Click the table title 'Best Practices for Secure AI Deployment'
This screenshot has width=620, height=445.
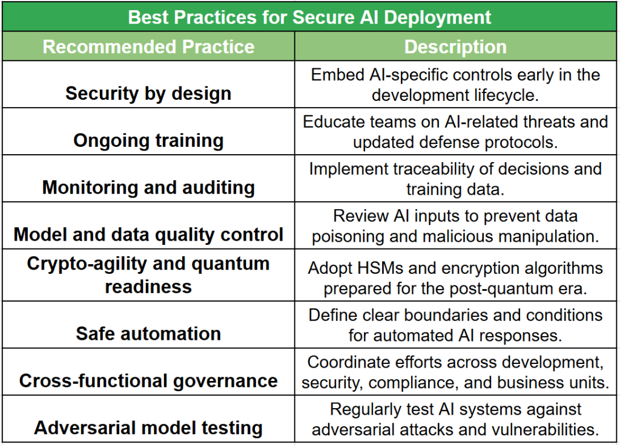(x=309, y=18)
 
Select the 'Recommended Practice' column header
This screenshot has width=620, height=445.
(x=148, y=47)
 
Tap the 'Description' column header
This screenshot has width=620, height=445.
(x=455, y=47)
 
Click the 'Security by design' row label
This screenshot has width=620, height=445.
(x=148, y=94)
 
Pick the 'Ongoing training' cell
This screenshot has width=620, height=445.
(x=148, y=140)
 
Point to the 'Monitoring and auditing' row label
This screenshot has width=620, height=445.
(x=148, y=187)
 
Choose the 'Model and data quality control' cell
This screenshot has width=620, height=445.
(x=148, y=235)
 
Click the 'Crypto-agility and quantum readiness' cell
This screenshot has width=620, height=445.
(x=148, y=275)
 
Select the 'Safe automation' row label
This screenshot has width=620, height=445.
(x=148, y=334)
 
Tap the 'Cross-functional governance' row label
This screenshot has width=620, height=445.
(x=148, y=381)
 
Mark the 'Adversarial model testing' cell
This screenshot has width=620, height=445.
(x=148, y=428)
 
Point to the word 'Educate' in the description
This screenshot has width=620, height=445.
(x=329, y=122)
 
